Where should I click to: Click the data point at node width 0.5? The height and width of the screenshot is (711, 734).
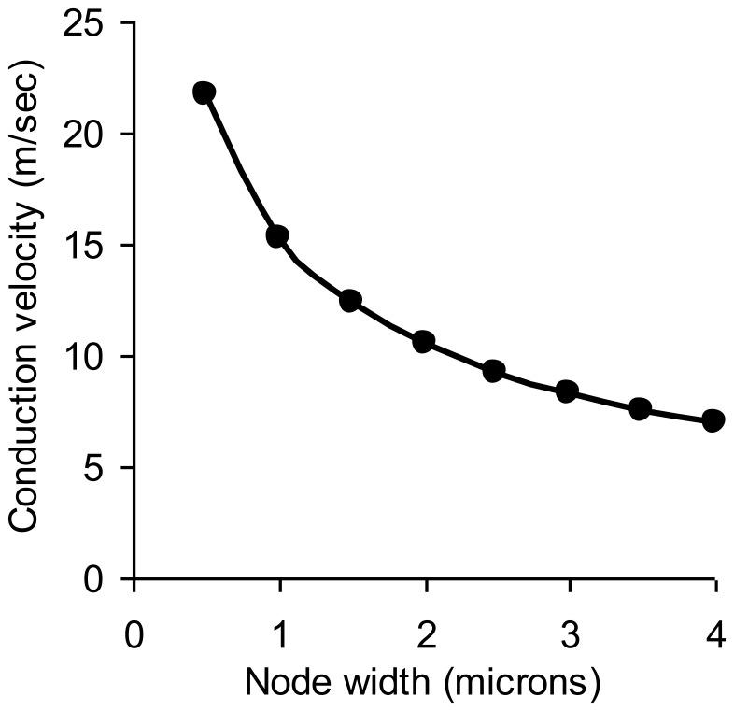(205, 92)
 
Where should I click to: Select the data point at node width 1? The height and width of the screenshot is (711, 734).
(277, 236)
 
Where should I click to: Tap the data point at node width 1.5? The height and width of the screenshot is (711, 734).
(350, 300)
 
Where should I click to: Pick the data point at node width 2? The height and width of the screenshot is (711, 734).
(423, 341)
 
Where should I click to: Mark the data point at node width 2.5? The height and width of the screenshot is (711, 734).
(494, 371)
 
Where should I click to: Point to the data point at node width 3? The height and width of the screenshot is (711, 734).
(567, 391)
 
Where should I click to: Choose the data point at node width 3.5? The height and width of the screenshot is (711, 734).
(640, 408)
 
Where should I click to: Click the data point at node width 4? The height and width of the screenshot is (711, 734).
(713, 420)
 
